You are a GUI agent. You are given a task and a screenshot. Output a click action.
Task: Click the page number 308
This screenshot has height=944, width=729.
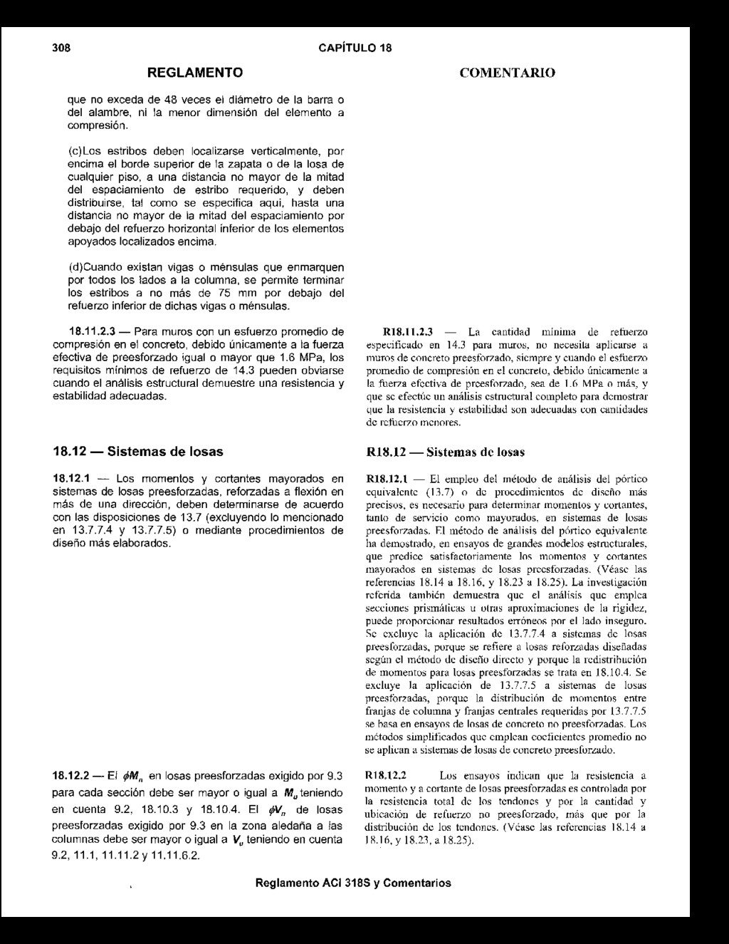62,48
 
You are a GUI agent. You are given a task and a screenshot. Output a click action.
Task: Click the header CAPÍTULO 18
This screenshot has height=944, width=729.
355,48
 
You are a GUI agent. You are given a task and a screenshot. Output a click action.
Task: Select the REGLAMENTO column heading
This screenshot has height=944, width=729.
194,73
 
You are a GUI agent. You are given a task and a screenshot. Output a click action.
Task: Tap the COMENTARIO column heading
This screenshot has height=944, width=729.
508,73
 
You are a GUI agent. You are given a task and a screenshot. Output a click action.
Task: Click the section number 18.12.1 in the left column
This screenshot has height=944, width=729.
71,479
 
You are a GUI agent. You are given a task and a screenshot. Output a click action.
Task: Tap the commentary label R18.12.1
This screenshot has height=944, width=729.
387,479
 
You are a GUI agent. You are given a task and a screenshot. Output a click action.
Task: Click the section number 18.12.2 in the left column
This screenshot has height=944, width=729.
71,776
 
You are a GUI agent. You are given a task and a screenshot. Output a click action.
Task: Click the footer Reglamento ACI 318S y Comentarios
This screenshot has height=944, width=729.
352,883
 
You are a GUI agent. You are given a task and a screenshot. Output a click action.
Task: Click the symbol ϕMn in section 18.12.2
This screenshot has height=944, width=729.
132,776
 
